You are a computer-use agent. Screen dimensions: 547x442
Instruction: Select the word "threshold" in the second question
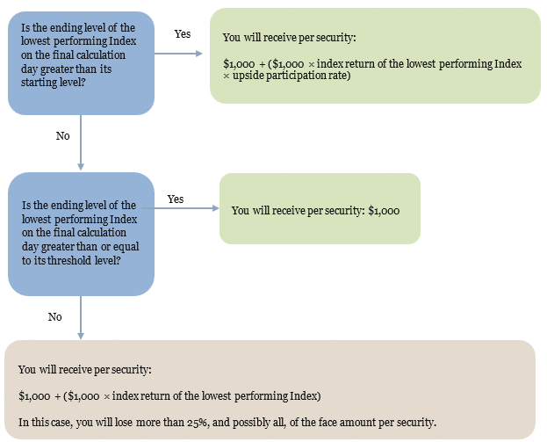point(69,260)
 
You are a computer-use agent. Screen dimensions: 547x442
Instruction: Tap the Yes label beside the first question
point(183,34)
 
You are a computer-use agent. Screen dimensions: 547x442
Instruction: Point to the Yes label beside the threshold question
point(176,199)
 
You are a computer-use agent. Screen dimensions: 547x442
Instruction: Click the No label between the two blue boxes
point(63,136)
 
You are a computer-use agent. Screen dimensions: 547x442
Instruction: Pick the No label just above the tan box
point(54,316)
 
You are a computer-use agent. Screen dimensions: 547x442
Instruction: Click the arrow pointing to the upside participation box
point(178,54)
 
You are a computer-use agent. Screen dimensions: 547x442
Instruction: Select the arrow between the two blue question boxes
point(81,142)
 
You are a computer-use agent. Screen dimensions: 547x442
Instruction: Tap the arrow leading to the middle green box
point(180,208)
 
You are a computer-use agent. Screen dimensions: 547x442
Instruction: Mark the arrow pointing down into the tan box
point(81,317)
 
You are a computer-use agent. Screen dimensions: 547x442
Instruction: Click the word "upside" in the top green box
point(248,76)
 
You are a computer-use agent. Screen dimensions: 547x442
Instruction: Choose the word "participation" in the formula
point(296,76)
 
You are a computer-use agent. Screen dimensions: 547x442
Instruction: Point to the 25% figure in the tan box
point(198,423)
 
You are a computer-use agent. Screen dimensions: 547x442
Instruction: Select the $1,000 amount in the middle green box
point(384,211)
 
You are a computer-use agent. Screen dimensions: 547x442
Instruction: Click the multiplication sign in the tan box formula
point(107,396)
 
